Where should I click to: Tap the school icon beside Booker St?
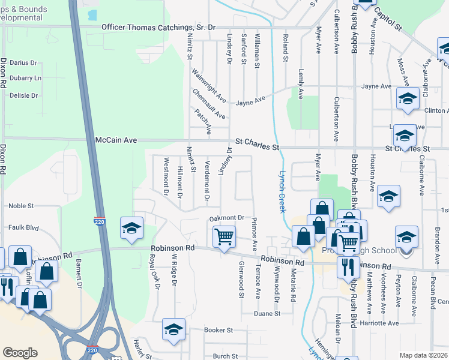(173, 330)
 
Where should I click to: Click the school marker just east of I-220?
(131, 228)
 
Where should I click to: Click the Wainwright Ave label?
(209, 85)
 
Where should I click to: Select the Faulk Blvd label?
(23, 228)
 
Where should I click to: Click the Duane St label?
(267, 313)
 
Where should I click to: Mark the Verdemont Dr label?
(208, 180)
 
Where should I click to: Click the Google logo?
(20, 352)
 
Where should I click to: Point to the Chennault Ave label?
(209, 103)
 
